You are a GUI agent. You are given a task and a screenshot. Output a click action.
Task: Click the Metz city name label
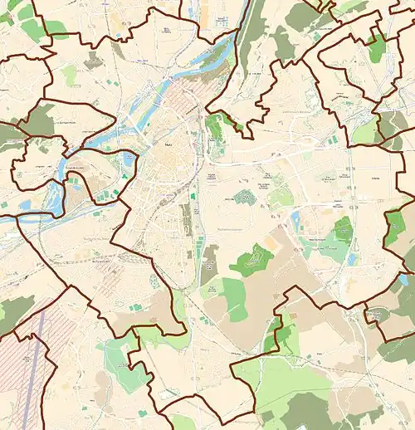point(169,144)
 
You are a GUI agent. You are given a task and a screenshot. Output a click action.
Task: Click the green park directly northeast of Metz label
point(217,127)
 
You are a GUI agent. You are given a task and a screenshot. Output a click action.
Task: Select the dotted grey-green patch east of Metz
point(242,198)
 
